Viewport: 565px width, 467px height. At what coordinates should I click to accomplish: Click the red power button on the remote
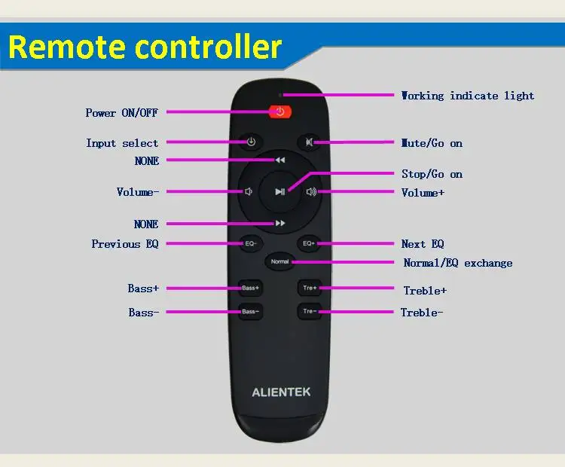[x=279, y=112]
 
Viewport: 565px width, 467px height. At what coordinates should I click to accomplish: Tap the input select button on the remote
[x=251, y=142]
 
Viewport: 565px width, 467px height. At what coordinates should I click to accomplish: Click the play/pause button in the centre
[x=280, y=191]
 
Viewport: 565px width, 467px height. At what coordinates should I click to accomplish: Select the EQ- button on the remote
[x=251, y=243]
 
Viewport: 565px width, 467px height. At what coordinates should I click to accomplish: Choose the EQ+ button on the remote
[x=309, y=243]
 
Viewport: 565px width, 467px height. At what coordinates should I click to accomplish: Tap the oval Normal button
[x=279, y=261]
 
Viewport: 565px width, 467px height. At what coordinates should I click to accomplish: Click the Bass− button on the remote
[x=251, y=312]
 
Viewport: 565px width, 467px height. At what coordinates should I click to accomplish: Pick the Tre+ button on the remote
[x=310, y=288]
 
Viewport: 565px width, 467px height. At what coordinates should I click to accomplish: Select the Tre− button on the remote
[x=310, y=312]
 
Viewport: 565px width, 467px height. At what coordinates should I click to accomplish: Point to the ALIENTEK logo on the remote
[x=280, y=392]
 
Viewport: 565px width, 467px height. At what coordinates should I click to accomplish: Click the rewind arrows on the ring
[x=280, y=160]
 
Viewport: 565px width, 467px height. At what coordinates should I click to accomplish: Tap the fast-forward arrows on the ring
[x=280, y=224]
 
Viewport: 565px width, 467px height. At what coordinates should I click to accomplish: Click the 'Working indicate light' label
[x=467, y=96]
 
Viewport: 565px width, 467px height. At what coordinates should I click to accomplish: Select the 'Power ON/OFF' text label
[x=121, y=113]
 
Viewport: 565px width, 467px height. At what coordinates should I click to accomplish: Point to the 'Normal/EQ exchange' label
[x=457, y=263]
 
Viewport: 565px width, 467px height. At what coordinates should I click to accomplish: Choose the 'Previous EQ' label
[x=126, y=244]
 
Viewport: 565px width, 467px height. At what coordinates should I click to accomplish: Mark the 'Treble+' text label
[x=425, y=290]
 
